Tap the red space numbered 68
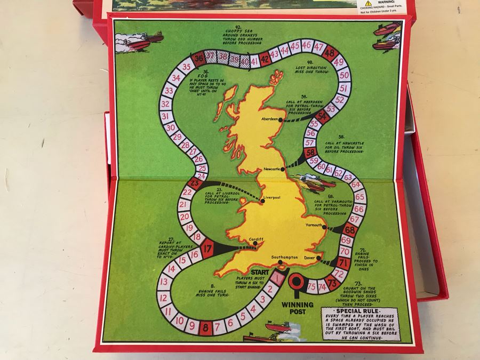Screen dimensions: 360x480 (350, 230)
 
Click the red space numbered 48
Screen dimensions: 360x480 (330, 52)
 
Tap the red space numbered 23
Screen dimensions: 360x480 (196, 184)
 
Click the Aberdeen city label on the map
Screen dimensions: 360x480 (269, 119)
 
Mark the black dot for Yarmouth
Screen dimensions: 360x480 (324, 226)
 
